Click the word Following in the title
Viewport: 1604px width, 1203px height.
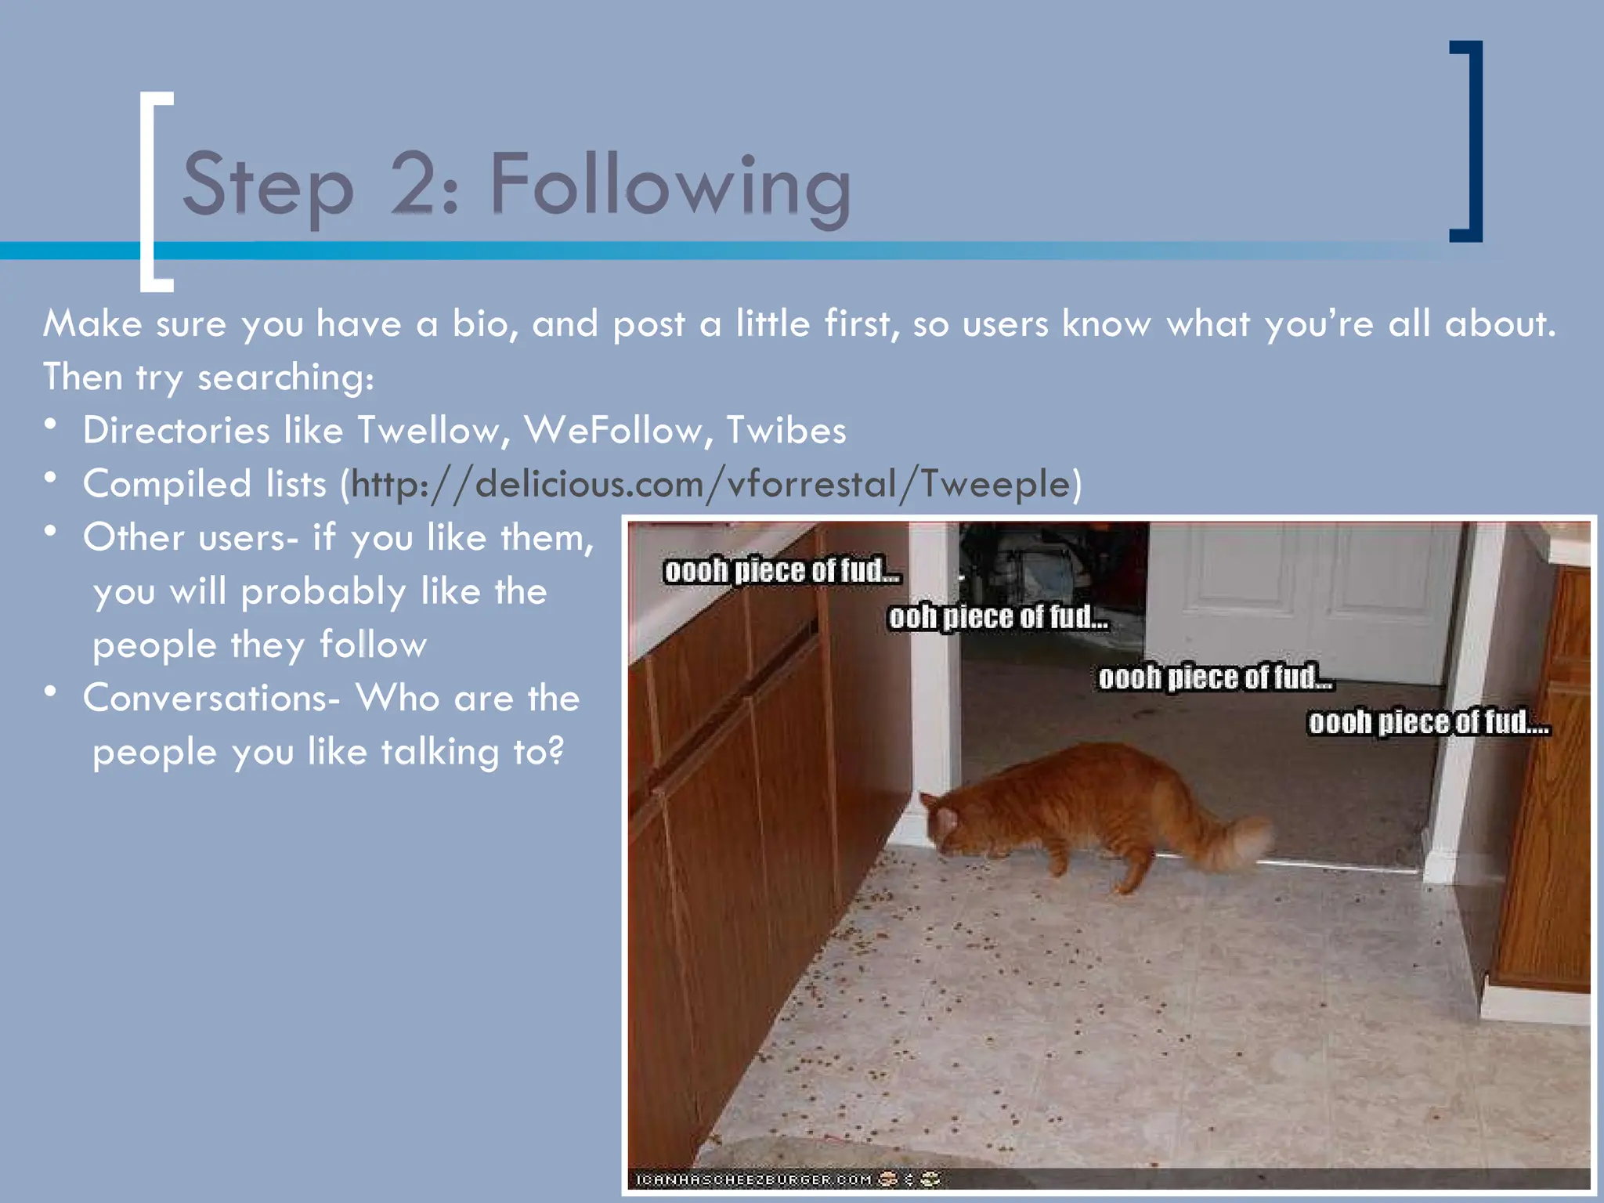click(670, 186)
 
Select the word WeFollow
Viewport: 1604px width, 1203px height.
click(613, 431)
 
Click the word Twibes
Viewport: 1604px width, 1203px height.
click(786, 431)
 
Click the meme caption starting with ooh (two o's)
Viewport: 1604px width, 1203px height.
click(998, 618)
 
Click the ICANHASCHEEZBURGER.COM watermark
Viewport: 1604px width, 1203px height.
click(753, 1180)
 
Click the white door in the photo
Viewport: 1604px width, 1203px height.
click(1292, 603)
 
